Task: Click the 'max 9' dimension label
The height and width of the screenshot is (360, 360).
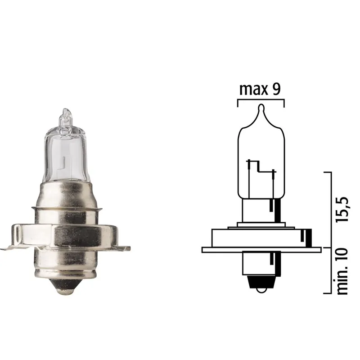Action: click(260, 89)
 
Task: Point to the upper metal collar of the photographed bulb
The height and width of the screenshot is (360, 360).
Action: click(66, 193)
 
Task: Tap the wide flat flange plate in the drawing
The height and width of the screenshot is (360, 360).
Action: click(261, 249)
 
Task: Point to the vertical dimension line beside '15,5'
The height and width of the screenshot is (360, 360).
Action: click(330, 209)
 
